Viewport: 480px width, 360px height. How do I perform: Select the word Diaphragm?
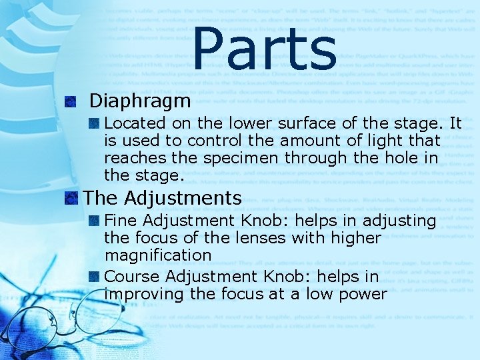point(140,101)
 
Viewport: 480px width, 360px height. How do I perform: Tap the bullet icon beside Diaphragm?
point(71,102)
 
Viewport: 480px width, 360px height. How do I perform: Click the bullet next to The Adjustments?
point(71,198)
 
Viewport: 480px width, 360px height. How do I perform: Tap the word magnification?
point(157,255)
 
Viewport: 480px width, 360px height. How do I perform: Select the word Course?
point(132,276)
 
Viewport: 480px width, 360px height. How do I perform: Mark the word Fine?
point(121,220)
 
